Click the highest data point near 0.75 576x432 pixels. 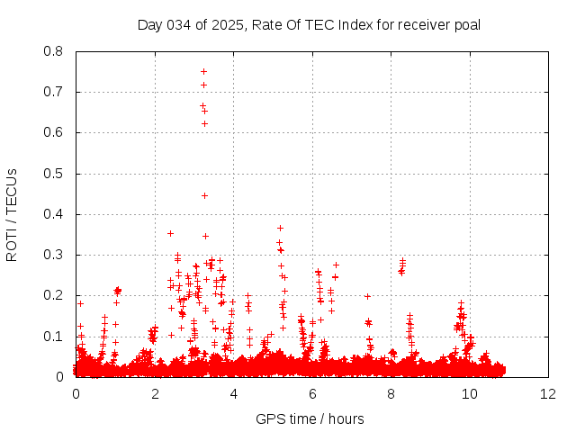[203, 71]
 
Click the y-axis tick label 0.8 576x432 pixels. [54, 51]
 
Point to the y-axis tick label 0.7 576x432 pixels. [54, 92]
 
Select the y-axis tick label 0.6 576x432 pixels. [54, 132]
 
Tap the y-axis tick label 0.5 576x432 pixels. [54, 174]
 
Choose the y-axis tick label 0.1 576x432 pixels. [54, 337]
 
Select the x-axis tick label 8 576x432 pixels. [391, 393]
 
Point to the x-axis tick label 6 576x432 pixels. [312, 393]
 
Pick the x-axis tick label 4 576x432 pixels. [233, 393]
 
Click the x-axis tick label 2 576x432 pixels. [155, 393]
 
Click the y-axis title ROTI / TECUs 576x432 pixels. [13, 214]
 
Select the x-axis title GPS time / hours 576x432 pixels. [310, 418]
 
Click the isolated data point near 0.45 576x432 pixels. [204, 195]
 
